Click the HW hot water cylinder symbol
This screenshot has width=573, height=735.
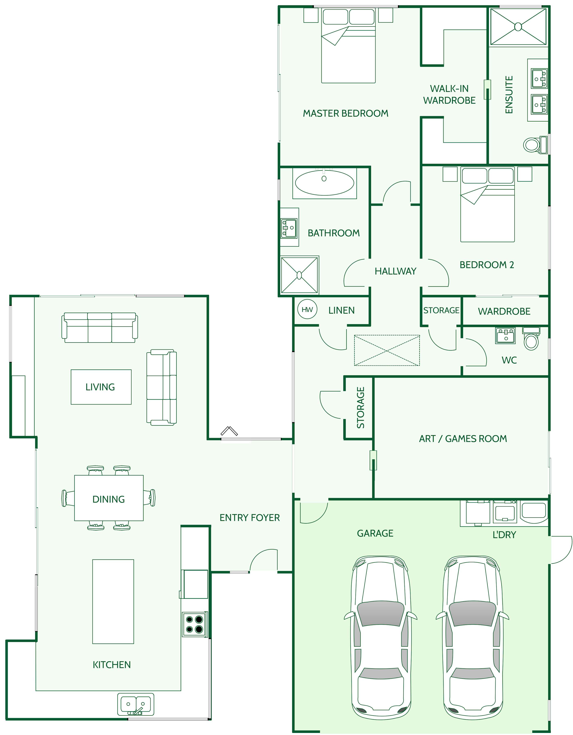click(x=307, y=310)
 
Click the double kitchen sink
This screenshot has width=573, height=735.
click(x=136, y=704)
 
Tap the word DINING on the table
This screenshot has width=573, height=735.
click(x=108, y=499)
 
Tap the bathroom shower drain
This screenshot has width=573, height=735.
click(x=299, y=275)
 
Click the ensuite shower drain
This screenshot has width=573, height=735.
click(x=518, y=27)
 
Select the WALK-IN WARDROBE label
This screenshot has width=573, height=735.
click(x=449, y=94)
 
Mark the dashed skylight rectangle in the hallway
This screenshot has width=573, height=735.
click(x=387, y=350)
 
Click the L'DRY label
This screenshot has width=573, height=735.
click(x=504, y=535)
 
